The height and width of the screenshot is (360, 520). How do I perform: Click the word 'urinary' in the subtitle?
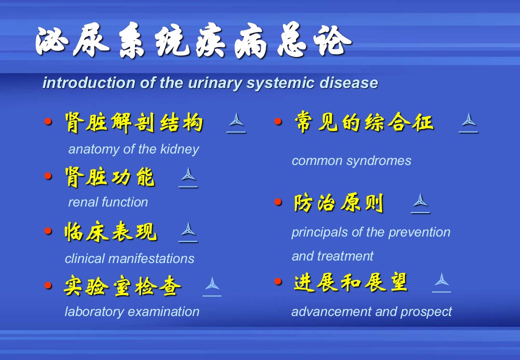[215, 83]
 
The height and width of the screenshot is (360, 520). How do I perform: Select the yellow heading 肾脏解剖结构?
[133, 122]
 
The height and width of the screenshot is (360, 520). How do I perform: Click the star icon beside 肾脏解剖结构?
[236, 122]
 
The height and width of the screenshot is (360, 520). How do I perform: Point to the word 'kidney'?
[179, 149]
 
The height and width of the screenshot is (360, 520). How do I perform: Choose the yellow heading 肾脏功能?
[109, 177]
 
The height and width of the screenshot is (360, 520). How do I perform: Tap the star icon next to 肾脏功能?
[188, 177]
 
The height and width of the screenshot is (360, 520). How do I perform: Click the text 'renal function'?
[108, 202]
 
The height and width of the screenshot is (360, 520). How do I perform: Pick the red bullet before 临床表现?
[48, 230]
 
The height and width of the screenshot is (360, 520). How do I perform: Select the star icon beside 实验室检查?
[212, 286]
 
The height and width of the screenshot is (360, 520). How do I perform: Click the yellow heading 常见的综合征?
[364, 122]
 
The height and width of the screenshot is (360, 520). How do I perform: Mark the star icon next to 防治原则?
[420, 203]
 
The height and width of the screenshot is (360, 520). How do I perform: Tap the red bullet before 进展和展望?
[278, 281]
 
